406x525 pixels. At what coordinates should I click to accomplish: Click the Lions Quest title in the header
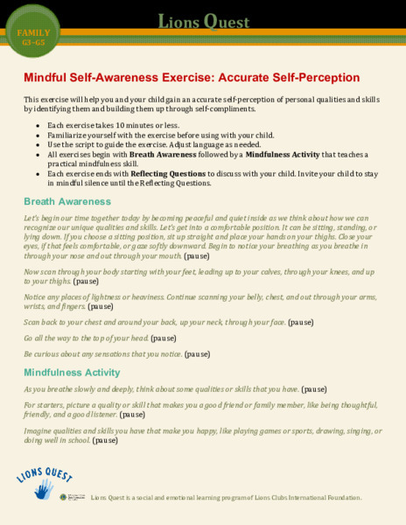[203, 20]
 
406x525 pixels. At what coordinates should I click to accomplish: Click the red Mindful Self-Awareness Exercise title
[191, 77]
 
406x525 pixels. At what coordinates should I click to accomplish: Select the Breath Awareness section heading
[66, 201]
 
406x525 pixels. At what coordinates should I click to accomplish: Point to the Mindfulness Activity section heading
[72, 373]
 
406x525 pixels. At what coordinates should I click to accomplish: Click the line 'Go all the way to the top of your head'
[100, 338]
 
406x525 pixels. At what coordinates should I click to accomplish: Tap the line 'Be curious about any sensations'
[116, 354]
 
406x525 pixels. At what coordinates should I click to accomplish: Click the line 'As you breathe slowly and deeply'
[175, 388]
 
